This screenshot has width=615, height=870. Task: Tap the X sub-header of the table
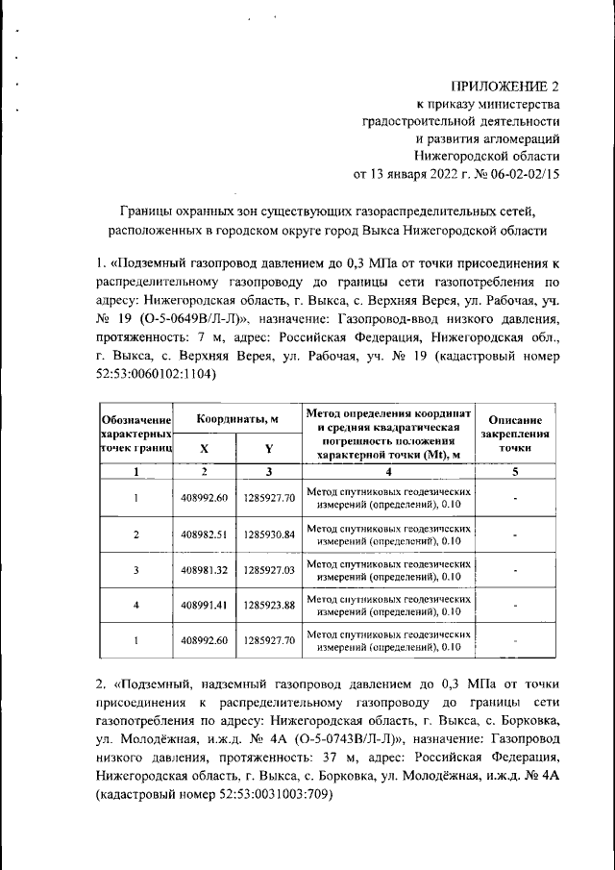coord(204,448)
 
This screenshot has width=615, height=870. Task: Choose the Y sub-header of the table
coord(269,448)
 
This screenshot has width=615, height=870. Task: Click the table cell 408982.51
coord(204,534)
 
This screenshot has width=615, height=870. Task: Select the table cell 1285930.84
coord(269,534)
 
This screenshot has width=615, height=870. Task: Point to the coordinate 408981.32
coord(204,570)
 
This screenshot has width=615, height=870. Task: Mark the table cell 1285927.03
coord(269,570)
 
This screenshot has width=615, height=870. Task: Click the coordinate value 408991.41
coord(204,606)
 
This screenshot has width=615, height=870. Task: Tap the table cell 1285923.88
coord(269,606)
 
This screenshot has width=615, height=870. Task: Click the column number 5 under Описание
coord(515,472)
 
